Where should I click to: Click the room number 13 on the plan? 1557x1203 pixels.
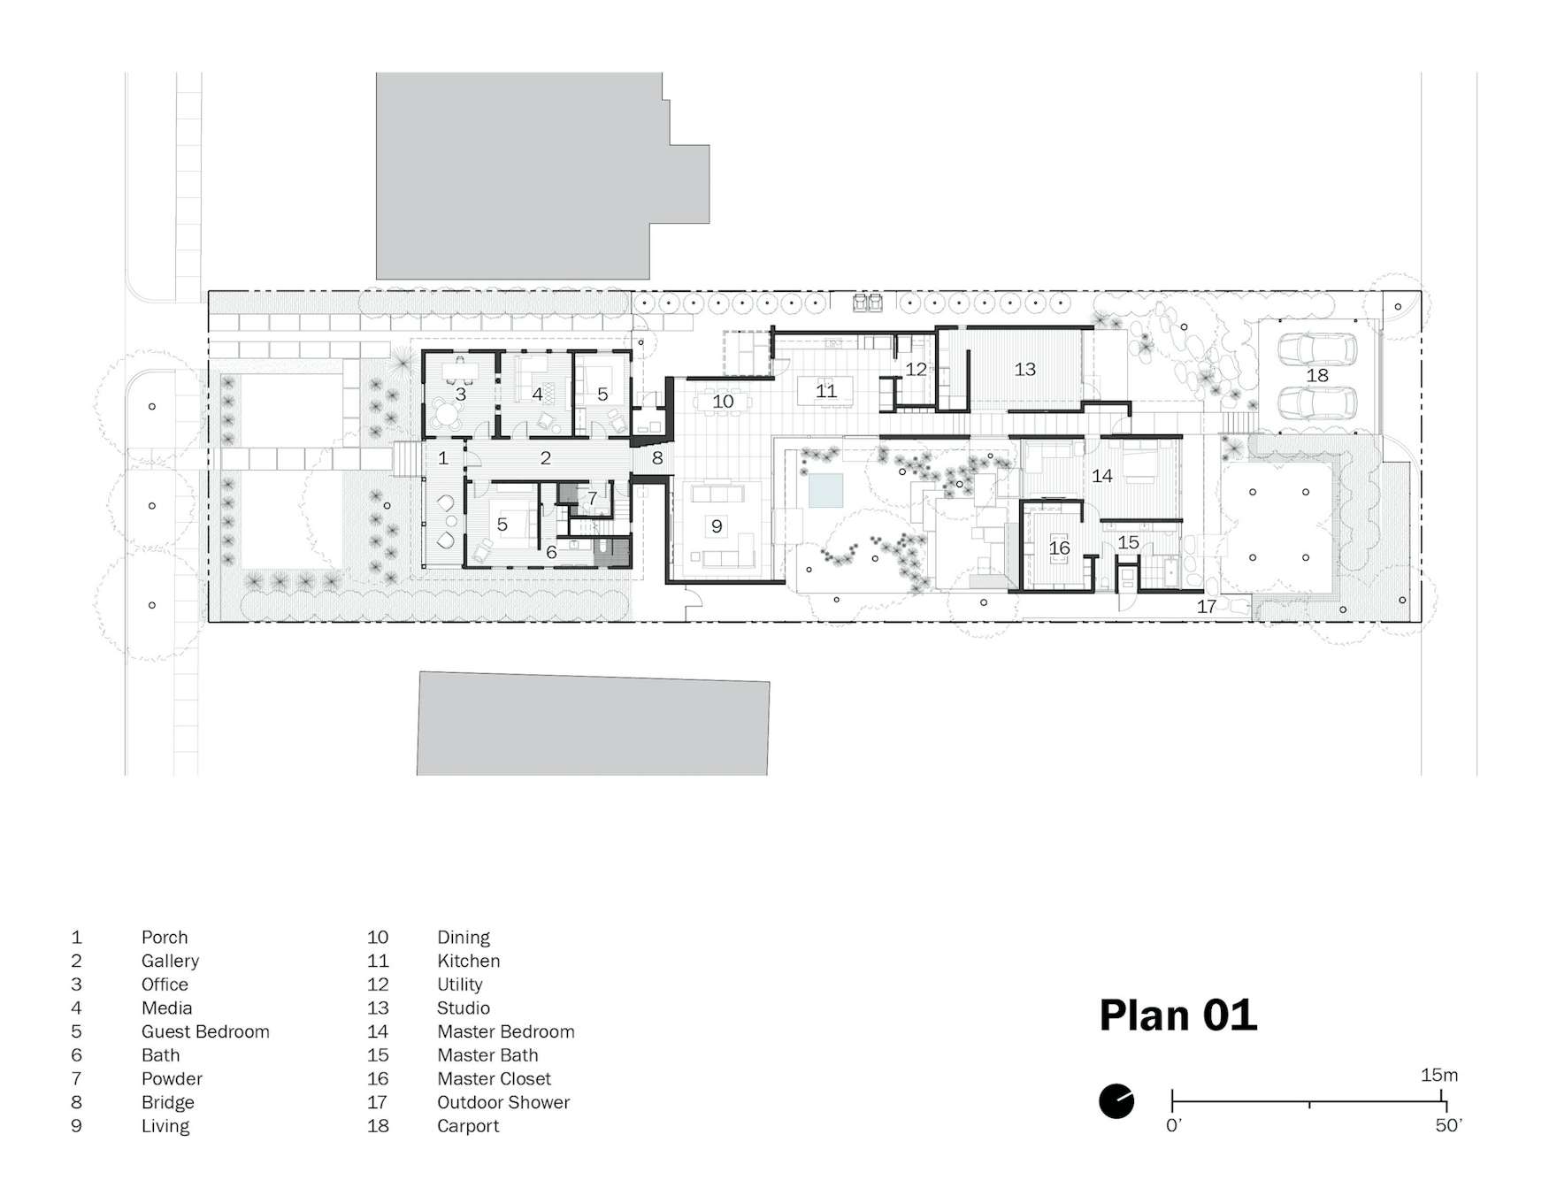click(x=1024, y=370)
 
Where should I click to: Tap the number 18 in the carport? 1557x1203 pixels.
click(x=1317, y=376)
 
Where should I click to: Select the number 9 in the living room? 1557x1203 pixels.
click(x=717, y=526)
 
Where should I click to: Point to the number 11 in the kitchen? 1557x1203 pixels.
click(x=825, y=391)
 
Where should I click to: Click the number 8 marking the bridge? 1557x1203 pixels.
click(x=657, y=459)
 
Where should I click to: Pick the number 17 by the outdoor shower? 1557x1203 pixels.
click(x=1206, y=607)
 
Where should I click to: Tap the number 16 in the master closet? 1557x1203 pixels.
click(x=1059, y=548)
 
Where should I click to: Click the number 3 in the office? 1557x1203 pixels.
click(x=460, y=395)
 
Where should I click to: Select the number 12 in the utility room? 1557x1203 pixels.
click(x=916, y=370)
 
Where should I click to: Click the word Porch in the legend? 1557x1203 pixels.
click(x=165, y=938)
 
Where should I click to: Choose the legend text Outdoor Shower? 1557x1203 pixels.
click(x=503, y=1103)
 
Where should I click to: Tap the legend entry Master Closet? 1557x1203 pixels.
click(x=494, y=1079)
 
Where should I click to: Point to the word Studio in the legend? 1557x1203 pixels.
click(x=464, y=1008)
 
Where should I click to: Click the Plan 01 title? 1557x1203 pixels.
click(x=1177, y=1015)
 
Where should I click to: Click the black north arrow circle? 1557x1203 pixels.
click(x=1116, y=1101)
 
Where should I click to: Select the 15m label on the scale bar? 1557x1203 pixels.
click(x=1439, y=1076)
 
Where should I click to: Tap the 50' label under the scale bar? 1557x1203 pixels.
click(x=1448, y=1126)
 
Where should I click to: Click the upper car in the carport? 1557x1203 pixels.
click(x=1317, y=348)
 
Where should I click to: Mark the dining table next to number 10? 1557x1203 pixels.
click(x=724, y=402)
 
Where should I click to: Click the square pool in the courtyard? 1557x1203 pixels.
click(x=825, y=489)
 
